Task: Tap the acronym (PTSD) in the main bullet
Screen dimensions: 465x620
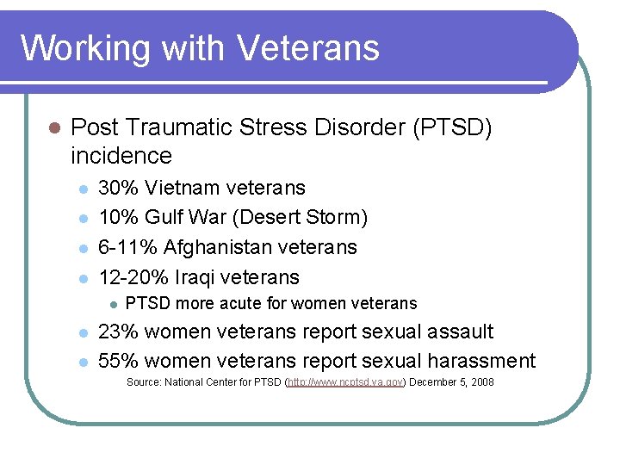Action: tap(452, 128)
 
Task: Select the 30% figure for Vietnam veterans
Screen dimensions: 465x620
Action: tap(119, 188)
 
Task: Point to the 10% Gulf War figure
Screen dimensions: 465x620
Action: tap(119, 217)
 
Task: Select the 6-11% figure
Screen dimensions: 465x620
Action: tap(127, 247)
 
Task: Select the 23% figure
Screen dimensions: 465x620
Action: tap(119, 332)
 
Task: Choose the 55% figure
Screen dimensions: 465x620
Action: tap(119, 361)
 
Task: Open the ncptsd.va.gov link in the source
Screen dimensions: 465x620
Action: tap(344, 382)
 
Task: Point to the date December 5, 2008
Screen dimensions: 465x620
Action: tap(451, 382)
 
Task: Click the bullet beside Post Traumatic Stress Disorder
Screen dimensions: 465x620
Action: tap(53, 128)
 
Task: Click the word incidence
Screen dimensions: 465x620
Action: tap(121, 156)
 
